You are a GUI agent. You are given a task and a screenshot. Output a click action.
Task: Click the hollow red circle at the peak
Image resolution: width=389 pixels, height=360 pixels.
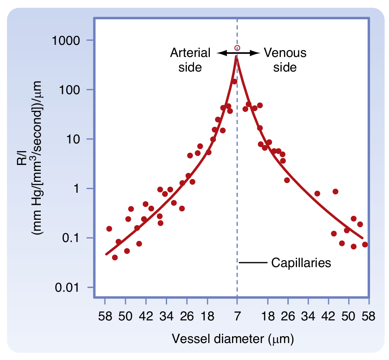tap(237, 48)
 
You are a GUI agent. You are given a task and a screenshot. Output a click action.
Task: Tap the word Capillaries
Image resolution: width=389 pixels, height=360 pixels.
tap(301, 263)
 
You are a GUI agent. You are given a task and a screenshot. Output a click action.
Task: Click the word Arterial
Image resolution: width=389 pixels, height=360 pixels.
tap(190, 53)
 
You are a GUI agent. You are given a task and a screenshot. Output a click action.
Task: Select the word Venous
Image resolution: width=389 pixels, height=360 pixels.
tap(285, 53)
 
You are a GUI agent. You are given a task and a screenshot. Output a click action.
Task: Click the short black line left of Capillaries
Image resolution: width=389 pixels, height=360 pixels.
tap(253, 263)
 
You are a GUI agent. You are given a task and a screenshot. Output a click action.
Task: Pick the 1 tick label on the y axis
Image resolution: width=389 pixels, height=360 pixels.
tap(83, 189)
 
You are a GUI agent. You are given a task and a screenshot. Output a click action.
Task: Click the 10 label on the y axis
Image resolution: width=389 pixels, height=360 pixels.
tap(79, 139)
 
